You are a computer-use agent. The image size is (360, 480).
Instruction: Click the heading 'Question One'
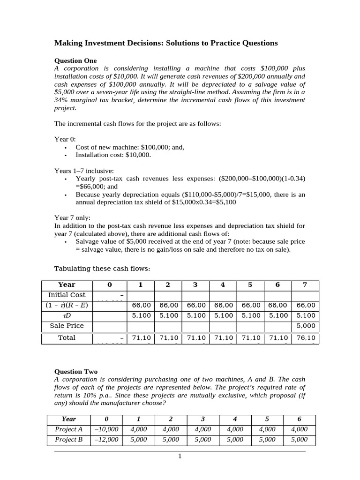[x=75, y=60]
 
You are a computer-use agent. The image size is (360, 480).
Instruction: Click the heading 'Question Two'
[x=76, y=372]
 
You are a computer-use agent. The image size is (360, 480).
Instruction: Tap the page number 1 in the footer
[x=180, y=456]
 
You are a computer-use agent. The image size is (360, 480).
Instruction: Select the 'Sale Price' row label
[x=67, y=326]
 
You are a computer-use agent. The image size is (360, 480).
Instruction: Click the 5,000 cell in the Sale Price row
[x=305, y=326]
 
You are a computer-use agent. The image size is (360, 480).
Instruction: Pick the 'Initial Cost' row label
[x=67, y=295]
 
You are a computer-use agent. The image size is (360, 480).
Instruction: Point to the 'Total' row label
[x=67, y=338]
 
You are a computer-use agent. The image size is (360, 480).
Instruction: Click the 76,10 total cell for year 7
[x=305, y=338]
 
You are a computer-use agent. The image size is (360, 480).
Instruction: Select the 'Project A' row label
[x=69, y=429]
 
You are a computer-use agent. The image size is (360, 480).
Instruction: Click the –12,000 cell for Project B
[x=106, y=440]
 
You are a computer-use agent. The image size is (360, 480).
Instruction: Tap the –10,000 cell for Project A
[x=106, y=429]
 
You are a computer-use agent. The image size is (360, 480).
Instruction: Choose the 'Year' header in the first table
[x=67, y=285]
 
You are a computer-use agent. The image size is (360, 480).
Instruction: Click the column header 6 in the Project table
[x=300, y=419]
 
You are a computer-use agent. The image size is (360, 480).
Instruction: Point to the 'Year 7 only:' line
[x=73, y=217]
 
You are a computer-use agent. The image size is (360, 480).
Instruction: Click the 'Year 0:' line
[x=65, y=139]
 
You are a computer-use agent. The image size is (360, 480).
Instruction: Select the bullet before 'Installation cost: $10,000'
[x=65, y=155]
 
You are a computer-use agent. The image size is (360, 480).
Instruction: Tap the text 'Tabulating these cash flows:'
[x=103, y=269]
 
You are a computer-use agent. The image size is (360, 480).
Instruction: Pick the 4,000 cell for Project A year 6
[x=300, y=429]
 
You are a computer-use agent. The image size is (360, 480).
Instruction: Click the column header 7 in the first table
[x=305, y=285]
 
